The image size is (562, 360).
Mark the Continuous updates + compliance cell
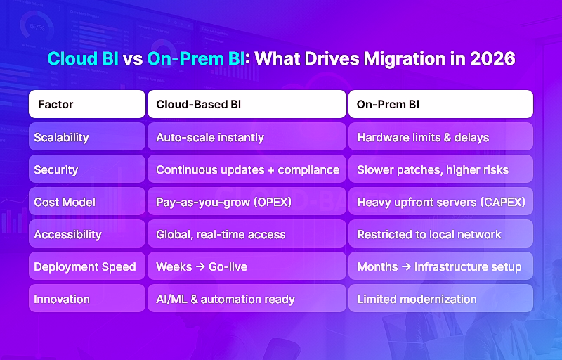247,169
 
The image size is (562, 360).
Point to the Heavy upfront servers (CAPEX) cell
440,202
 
